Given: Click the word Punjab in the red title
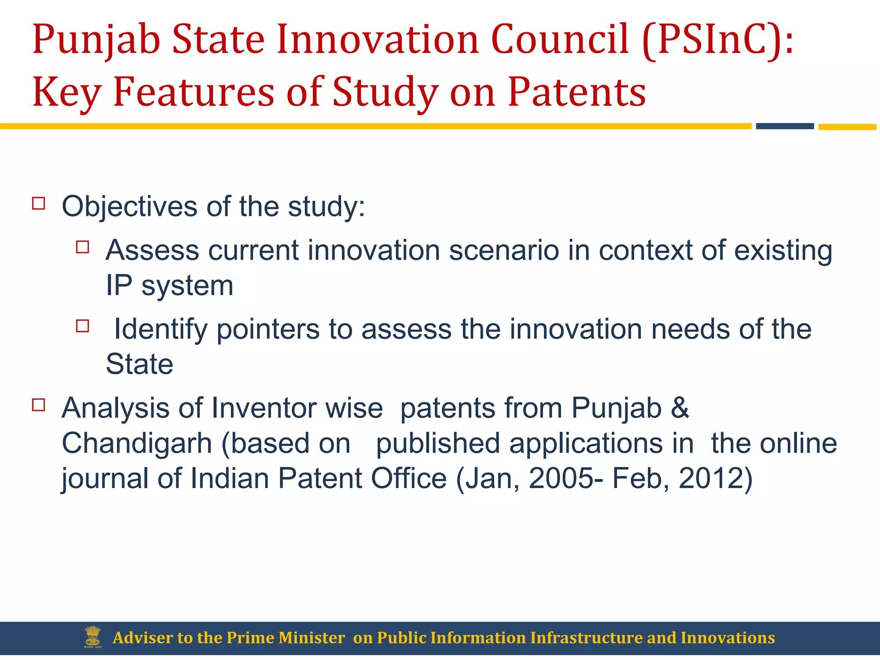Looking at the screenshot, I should [x=96, y=40].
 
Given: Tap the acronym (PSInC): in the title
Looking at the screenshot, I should [x=718, y=40].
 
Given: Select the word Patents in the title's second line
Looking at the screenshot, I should [x=577, y=92].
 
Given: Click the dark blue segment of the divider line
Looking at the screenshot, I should [x=785, y=126].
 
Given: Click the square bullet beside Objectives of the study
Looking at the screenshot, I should [x=39, y=203].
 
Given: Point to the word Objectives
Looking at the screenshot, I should [x=129, y=207].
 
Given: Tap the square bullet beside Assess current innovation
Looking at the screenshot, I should [x=82, y=247].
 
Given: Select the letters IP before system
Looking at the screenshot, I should [x=119, y=285].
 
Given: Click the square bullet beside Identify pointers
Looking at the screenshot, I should [x=82, y=326].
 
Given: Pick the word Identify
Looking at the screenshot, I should [x=160, y=330].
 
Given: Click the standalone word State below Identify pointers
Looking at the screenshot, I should [x=139, y=364].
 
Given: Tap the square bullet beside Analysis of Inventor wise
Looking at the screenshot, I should [x=39, y=405].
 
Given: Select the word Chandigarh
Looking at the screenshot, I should [x=137, y=443].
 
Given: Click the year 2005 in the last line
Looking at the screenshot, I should [x=561, y=478].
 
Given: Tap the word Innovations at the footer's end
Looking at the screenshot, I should [x=727, y=638].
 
